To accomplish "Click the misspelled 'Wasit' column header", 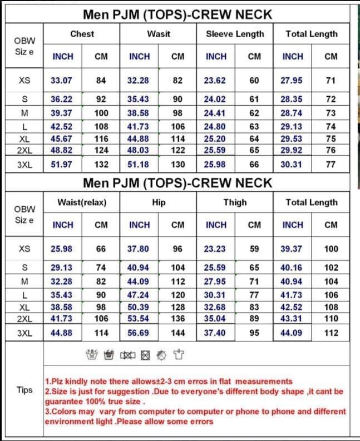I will tap(159, 34).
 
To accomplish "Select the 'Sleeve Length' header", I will tap(235, 34).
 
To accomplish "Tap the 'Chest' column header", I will tap(82, 34).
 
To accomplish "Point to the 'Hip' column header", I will tap(159, 203).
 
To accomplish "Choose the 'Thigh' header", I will tap(235, 203).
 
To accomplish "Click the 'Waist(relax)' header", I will tap(82, 203).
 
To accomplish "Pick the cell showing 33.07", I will tap(61, 80).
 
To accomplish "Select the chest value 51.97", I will tap(61, 164).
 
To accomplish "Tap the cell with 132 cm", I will tap(101, 164).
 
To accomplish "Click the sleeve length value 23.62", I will tap(215, 80).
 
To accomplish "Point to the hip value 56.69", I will tap(138, 333).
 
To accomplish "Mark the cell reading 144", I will tap(178, 333).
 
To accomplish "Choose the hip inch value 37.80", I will tap(138, 249).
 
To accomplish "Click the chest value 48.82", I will tap(61, 150).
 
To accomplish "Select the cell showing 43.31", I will tap(292, 319).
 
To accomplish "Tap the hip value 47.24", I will tap(138, 295).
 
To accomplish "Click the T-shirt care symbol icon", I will tap(178, 354).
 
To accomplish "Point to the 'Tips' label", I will tap(24, 390).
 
